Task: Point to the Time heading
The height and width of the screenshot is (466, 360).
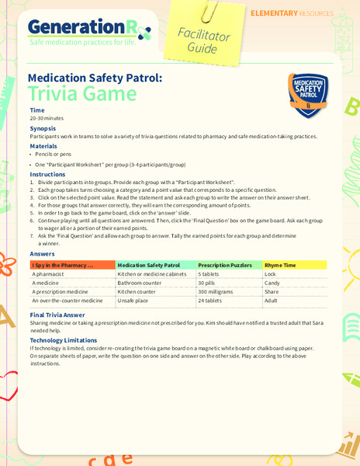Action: click(x=37, y=110)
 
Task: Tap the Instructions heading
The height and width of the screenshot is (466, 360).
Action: click(x=47, y=174)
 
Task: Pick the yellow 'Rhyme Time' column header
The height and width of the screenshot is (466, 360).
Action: click(x=279, y=265)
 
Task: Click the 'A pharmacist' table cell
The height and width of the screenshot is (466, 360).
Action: click(x=49, y=274)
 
